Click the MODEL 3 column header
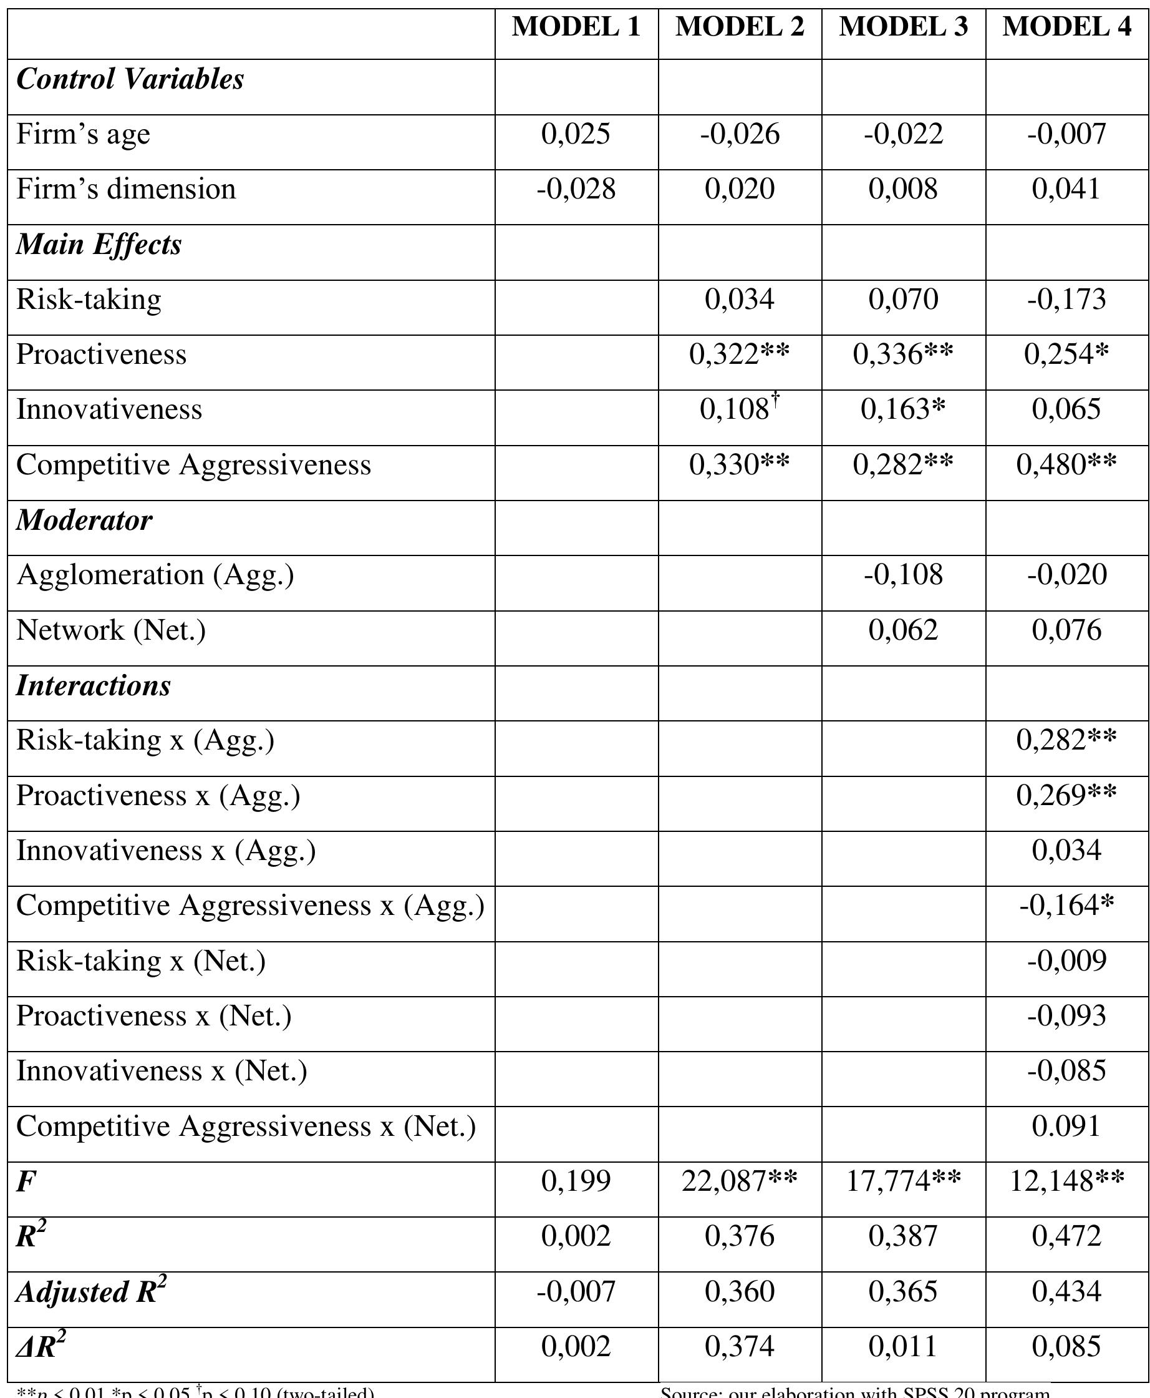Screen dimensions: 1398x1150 tap(903, 26)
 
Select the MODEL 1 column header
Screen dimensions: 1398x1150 tap(576, 26)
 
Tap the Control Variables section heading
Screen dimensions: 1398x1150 tap(130, 79)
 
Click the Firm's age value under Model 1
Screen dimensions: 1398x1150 tap(576, 134)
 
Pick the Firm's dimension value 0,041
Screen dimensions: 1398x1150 tap(1066, 189)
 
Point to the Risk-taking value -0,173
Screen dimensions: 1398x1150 tap(1066, 300)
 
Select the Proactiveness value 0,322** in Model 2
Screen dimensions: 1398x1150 tap(739, 354)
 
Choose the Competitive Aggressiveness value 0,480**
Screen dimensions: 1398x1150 tap(1066, 465)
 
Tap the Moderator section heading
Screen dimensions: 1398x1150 tap(84, 521)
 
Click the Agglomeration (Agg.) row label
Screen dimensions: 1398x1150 tap(155, 575)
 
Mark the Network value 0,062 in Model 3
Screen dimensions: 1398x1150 tap(903, 630)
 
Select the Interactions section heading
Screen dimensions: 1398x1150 tap(94, 685)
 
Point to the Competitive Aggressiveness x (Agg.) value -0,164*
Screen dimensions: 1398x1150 tap(1066, 906)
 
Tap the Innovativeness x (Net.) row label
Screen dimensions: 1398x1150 tap(162, 1071)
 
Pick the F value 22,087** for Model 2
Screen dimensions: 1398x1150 tap(739, 1181)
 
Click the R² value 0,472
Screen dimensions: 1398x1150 tap(1066, 1236)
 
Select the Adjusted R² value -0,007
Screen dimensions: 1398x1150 tap(576, 1291)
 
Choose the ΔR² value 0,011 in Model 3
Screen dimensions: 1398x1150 tap(903, 1346)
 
